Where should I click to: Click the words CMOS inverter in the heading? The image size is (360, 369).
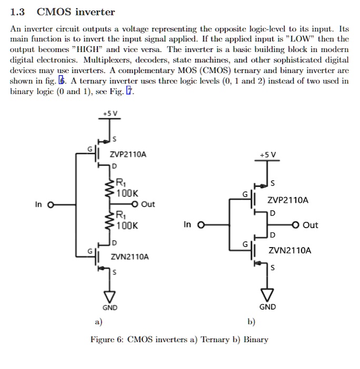[75, 12]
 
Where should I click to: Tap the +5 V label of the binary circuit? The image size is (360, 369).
[267, 155]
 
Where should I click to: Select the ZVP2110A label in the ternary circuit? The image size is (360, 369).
[128, 155]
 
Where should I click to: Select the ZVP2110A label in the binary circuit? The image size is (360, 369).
[288, 200]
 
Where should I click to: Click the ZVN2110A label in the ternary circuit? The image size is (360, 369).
[129, 257]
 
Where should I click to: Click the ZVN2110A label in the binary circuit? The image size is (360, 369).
[289, 250]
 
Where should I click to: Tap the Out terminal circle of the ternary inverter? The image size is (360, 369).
[135, 204]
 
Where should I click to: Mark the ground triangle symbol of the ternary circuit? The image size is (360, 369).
[110, 295]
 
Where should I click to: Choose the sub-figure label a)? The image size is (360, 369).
[98, 322]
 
